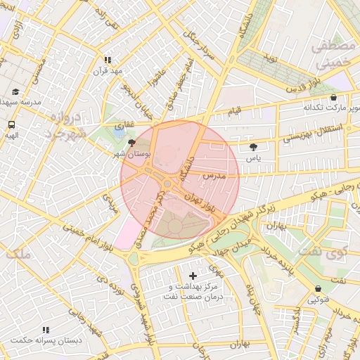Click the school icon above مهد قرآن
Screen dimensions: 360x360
tap(108, 60)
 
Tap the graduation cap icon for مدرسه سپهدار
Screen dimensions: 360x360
tap(15, 92)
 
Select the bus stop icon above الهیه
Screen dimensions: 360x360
tap(11, 124)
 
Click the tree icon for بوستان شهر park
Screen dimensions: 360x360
tap(132, 142)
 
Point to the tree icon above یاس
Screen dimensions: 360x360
tap(253, 147)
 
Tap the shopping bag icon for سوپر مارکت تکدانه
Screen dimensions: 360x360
tap(333, 98)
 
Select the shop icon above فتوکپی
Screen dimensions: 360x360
tap(319, 289)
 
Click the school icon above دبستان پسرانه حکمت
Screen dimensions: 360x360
tap(46, 330)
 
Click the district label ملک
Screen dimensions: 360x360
tap(18, 255)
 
